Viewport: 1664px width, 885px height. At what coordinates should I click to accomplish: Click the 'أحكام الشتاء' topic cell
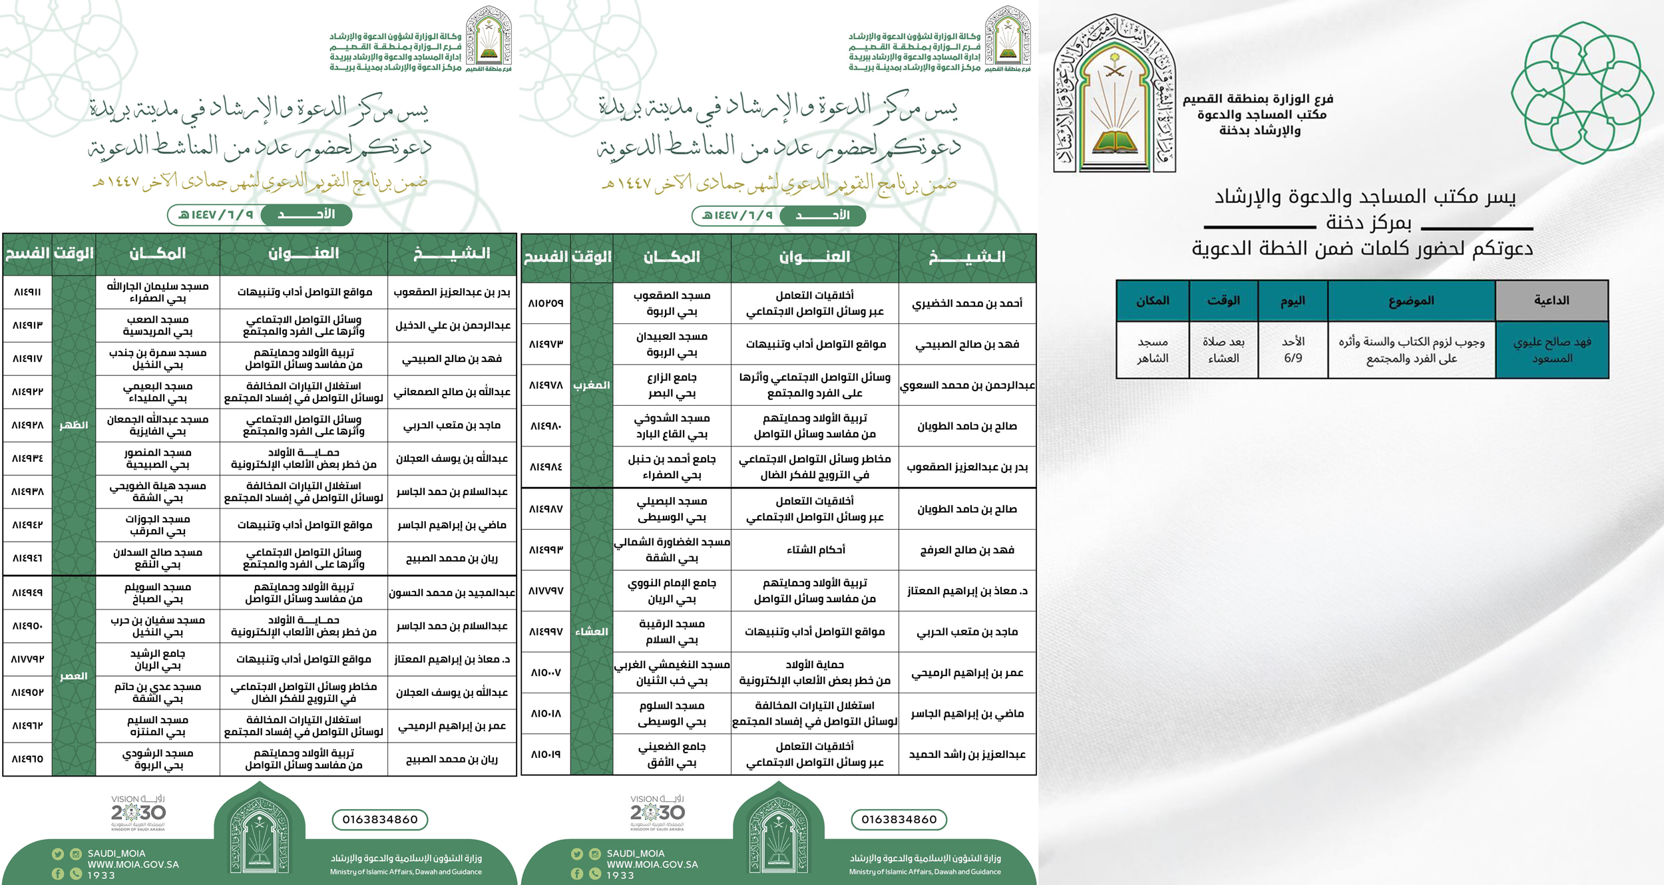point(815,550)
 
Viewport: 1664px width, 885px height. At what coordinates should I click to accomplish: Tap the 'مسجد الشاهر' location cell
point(1152,350)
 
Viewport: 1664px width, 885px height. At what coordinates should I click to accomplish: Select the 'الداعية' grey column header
point(1552,301)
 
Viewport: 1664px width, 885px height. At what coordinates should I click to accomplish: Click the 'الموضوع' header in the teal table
point(1411,301)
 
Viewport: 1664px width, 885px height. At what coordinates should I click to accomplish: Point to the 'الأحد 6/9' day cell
point(1293,350)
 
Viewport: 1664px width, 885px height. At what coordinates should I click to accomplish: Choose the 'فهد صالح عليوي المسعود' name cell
point(1552,350)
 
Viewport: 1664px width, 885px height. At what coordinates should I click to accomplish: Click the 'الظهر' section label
point(73,425)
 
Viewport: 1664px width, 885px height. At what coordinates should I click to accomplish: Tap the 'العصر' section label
point(73,676)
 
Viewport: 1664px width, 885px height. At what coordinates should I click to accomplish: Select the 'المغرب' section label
point(591,385)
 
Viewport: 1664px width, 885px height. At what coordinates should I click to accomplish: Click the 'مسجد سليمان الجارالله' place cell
point(158,292)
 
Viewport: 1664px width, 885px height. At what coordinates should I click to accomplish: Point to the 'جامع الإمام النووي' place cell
point(672,591)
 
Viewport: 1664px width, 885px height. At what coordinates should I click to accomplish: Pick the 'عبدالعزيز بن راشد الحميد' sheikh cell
point(967,755)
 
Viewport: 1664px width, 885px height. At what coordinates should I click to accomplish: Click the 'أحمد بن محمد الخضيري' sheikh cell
point(967,303)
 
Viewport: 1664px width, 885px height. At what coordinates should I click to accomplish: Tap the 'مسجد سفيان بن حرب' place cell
point(158,626)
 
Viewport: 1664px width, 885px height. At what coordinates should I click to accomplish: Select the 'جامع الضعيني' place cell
point(672,755)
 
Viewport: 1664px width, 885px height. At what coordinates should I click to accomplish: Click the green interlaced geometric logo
point(1581,93)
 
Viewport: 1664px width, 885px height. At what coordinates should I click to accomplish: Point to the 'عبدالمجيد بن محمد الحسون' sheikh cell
point(452,593)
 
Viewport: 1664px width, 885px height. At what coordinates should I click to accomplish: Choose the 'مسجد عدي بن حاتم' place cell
point(158,693)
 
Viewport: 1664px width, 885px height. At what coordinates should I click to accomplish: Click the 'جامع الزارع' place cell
point(672,385)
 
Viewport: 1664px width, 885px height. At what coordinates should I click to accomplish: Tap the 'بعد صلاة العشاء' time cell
point(1223,350)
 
